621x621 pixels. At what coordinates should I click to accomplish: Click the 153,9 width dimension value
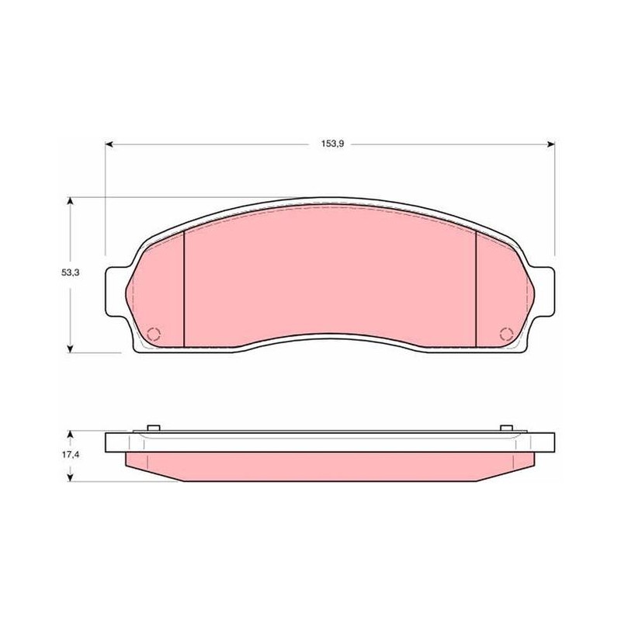[x=332, y=144]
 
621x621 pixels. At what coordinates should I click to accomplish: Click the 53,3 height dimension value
[x=70, y=272]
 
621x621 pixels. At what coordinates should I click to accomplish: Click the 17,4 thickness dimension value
[x=70, y=455]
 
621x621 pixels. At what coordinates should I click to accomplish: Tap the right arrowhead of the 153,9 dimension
[x=550, y=144]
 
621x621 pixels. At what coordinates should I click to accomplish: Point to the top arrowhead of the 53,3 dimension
[x=71, y=201]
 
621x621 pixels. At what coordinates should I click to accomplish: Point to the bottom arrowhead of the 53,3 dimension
[x=71, y=348]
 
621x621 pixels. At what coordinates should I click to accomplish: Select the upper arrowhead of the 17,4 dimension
[x=71, y=435]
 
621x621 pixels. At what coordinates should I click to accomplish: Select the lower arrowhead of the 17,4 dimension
[x=71, y=477]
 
